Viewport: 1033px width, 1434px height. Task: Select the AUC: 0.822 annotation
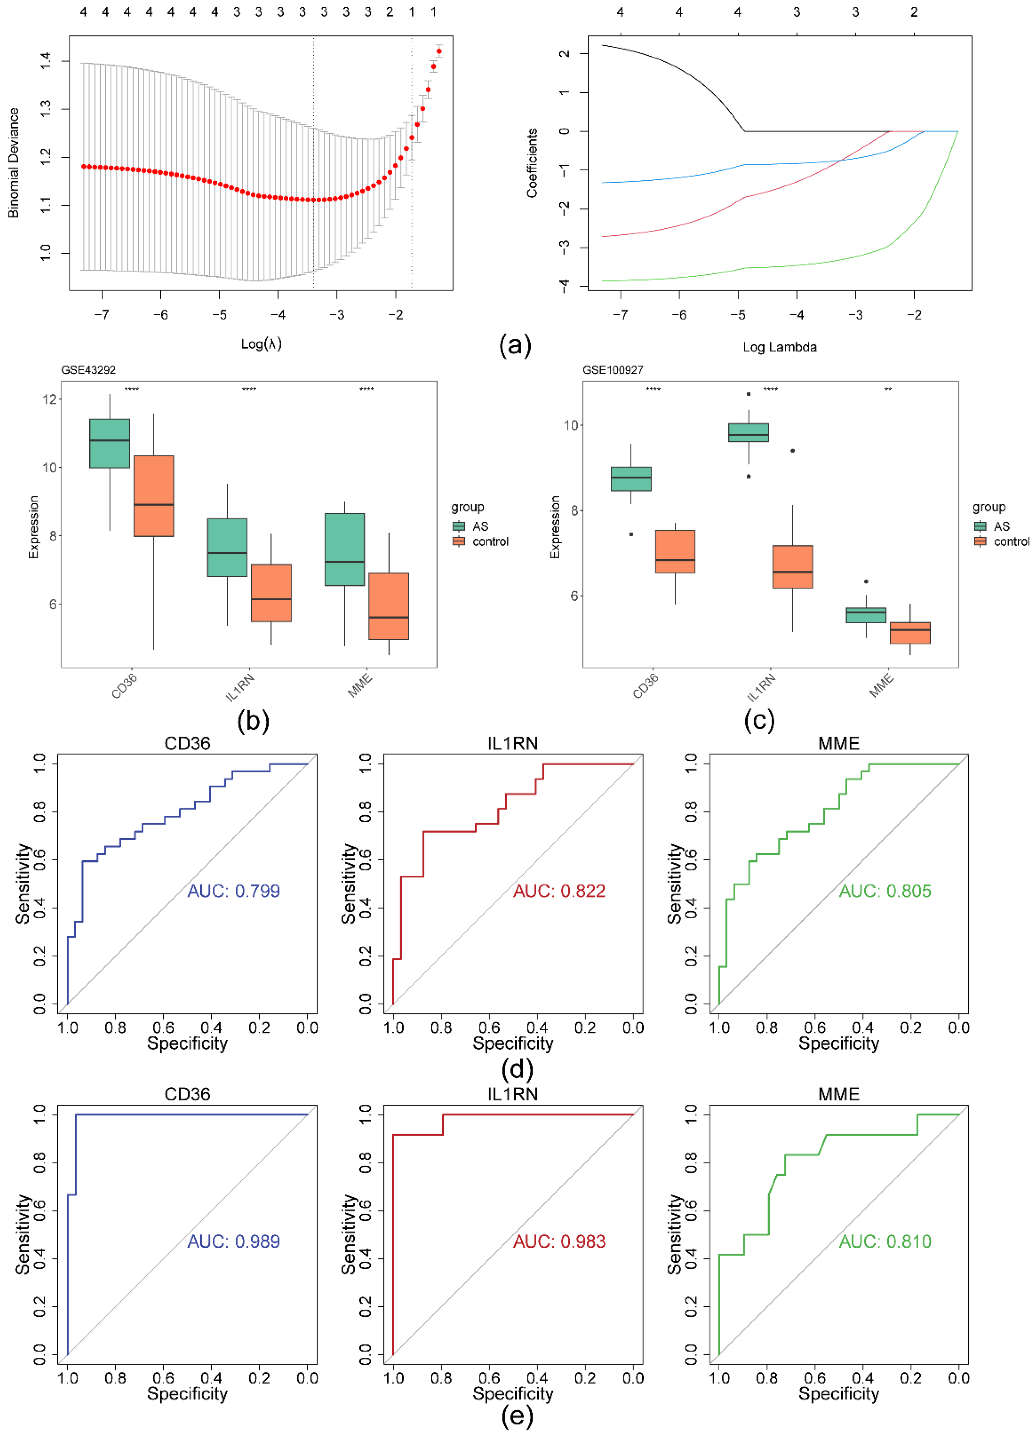[x=559, y=891]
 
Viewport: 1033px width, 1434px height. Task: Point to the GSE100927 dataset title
[x=612, y=370]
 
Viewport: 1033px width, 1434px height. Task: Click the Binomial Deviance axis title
[x=13, y=163]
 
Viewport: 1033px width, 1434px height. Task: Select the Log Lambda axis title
[x=780, y=347]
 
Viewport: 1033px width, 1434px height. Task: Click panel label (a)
[x=515, y=345]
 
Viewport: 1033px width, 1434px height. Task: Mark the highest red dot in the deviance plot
[x=439, y=51]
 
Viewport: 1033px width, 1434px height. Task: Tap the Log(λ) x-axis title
[x=261, y=344]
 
